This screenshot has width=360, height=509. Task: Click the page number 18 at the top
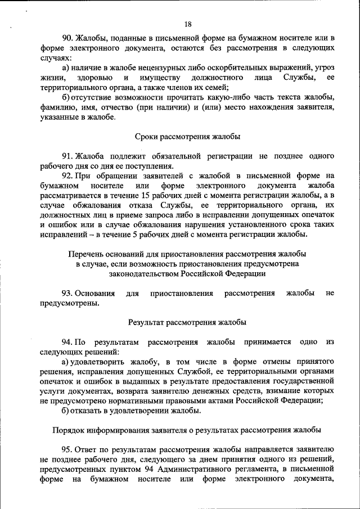pos(188,24)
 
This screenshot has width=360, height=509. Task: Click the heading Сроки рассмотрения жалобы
pos(187,136)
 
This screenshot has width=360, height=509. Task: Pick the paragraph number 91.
pos(67,156)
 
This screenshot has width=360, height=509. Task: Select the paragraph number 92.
pos(68,175)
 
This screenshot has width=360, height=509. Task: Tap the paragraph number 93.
pos(67,293)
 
